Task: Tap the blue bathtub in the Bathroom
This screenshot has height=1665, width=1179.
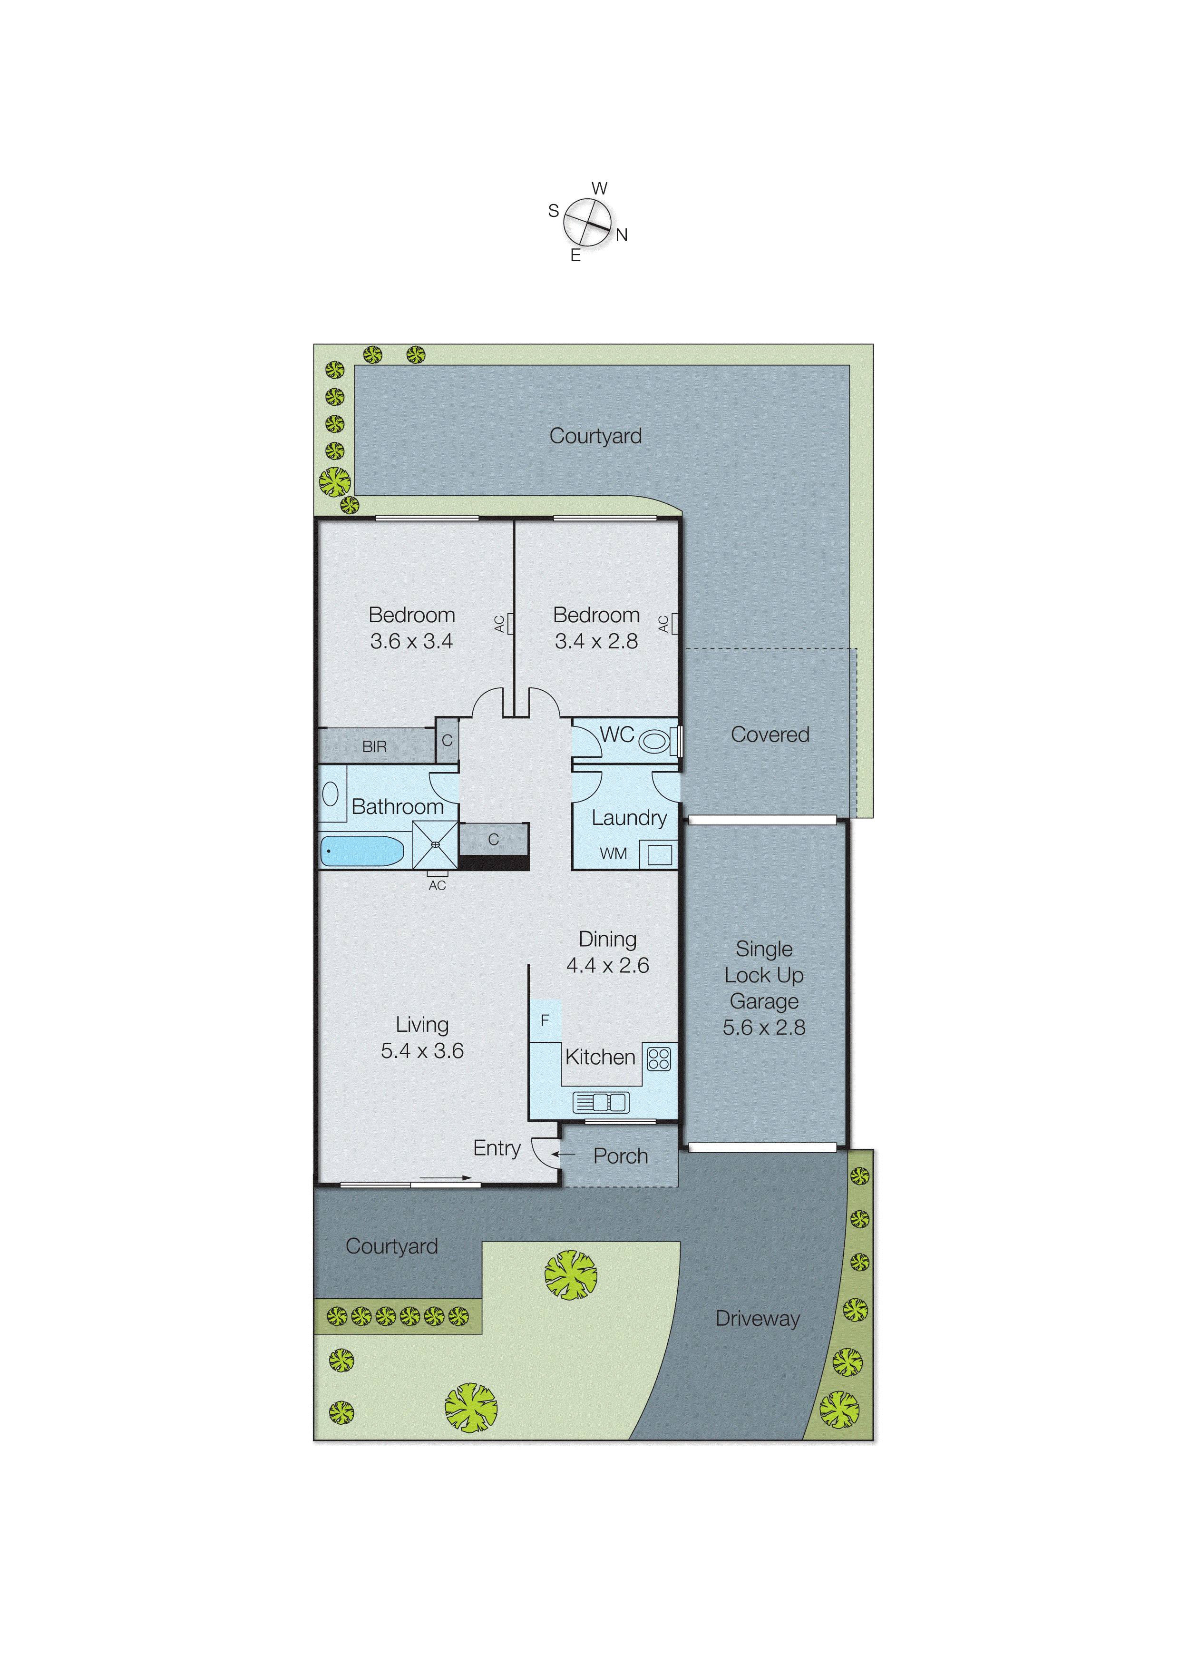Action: point(361,850)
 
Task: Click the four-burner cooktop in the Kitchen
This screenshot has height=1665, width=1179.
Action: point(659,1058)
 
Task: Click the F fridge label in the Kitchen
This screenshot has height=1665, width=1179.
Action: point(545,1020)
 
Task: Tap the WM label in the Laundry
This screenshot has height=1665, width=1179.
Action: point(614,854)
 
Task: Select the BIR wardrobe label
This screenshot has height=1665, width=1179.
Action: point(375,746)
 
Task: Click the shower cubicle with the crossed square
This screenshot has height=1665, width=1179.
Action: point(435,844)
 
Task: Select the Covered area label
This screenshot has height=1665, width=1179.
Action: point(770,734)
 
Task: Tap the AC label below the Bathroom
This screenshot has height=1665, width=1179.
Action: point(437,885)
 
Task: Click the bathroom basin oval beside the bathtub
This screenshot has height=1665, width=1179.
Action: point(331,793)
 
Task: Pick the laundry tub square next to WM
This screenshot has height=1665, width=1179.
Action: point(659,855)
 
